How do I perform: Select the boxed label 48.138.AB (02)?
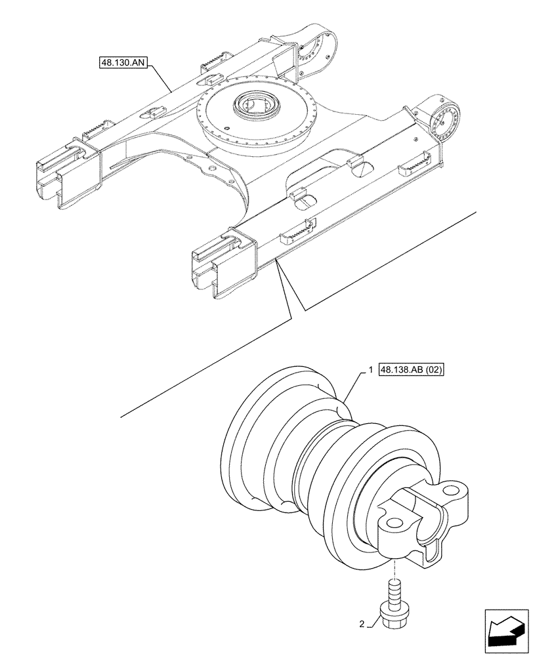click(x=412, y=370)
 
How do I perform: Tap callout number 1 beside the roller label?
click(x=371, y=371)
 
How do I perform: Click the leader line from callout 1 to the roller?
click(x=353, y=387)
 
